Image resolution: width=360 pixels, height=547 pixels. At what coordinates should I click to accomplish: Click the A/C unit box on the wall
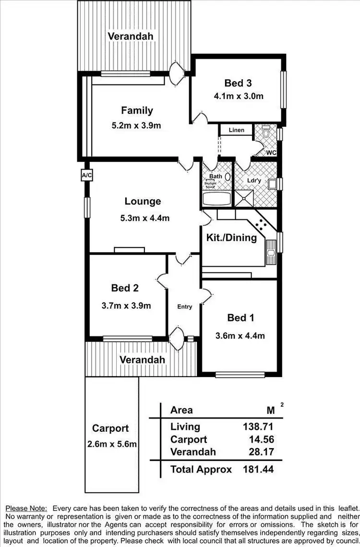tap(87, 176)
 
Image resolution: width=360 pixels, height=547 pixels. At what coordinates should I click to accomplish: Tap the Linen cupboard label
tap(237, 130)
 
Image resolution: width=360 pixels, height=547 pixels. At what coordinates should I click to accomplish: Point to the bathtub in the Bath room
tap(216, 198)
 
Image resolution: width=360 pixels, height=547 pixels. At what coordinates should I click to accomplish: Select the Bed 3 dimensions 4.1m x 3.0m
tap(239, 96)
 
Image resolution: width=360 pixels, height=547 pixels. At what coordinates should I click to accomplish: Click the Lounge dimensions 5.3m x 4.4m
tap(144, 218)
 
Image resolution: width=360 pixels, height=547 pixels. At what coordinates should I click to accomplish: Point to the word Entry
tap(185, 307)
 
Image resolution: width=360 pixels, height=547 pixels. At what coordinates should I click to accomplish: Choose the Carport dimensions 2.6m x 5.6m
tap(112, 444)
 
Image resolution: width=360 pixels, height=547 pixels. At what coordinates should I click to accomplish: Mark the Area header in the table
tap(181, 410)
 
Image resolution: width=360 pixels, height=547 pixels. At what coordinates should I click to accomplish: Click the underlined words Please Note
tap(26, 508)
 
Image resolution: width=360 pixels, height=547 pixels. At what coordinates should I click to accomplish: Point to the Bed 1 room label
tap(240, 318)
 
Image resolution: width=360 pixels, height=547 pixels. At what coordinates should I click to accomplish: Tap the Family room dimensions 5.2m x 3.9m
tap(136, 126)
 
